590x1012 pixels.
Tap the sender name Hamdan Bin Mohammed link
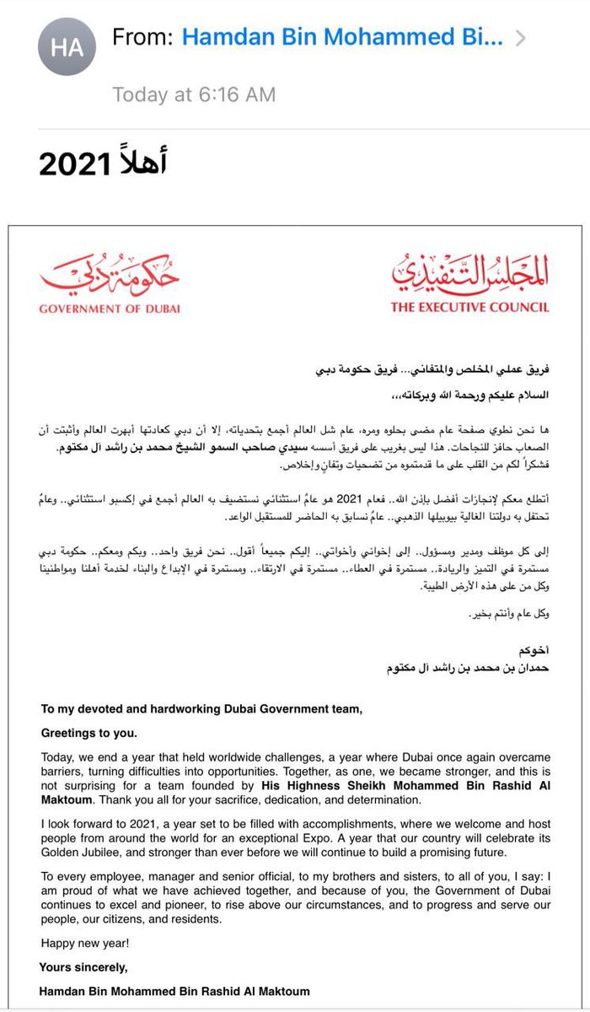point(342,37)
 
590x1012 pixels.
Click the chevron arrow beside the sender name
point(521,38)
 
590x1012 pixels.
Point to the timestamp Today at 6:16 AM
point(194,94)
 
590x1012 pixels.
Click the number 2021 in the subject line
point(73,164)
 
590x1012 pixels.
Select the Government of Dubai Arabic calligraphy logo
point(109,269)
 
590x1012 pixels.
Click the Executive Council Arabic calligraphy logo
point(469,269)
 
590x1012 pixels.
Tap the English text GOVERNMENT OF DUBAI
point(109,308)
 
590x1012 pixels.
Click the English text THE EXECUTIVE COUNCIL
point(469,307)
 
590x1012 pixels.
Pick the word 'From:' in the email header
point(143,37)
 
